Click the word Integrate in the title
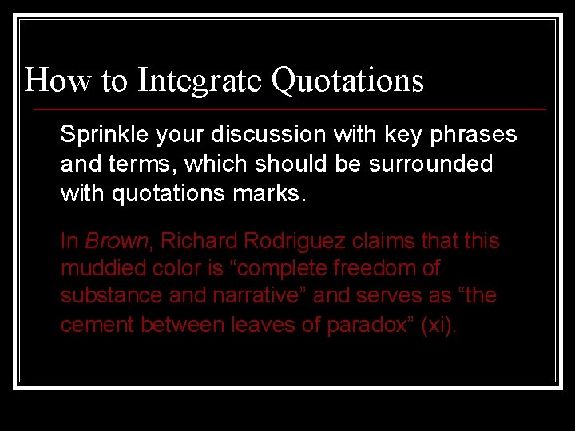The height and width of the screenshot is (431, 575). click(200, 81)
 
